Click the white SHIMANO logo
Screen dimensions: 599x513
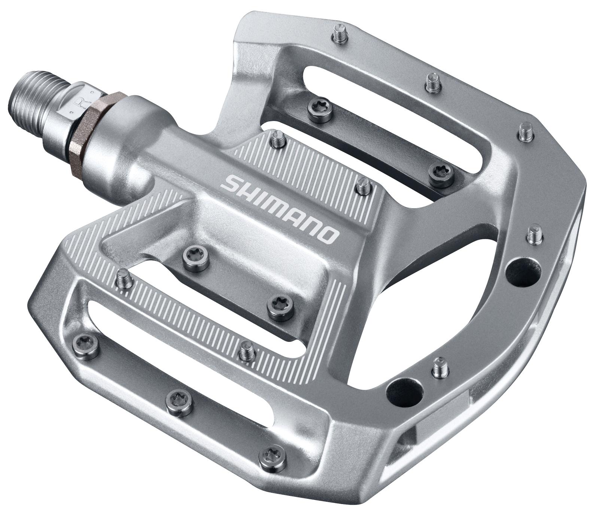click(x=280, y=209)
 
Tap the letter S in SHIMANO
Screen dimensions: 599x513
click(x=229, y=183)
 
